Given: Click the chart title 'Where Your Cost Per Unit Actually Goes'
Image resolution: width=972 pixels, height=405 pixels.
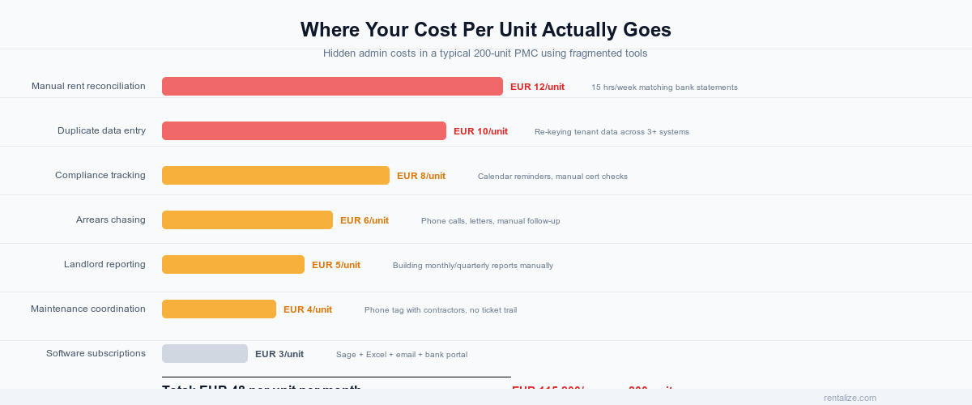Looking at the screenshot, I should [x=485, y=30].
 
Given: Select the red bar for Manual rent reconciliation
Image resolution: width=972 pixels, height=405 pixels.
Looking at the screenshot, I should [x=332, y=87].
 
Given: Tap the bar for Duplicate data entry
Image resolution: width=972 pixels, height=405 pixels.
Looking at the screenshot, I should [x=304, y=131].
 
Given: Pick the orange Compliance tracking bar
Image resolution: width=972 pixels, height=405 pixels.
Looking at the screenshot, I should [x=275, y=176].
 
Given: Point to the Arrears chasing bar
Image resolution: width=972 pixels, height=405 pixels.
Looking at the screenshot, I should [x=247, y=220].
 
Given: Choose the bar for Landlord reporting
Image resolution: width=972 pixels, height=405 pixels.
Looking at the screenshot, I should [x=233, y=265].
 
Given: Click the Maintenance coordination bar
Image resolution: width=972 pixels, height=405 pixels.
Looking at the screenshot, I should [x=219, y=309].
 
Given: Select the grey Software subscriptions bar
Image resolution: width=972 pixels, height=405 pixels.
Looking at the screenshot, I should [x=205, y=354].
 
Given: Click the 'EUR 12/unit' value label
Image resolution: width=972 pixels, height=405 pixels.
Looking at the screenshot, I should [x=537, y=87].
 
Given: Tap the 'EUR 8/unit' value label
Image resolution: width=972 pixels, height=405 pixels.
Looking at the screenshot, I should [x=421, y=176].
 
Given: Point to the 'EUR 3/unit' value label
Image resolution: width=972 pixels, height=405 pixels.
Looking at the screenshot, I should [x=279, y=354].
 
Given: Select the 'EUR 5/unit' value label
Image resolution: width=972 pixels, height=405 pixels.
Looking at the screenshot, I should [x=336, y=265].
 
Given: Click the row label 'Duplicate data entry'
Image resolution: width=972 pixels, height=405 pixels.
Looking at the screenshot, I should [x=101, y=130].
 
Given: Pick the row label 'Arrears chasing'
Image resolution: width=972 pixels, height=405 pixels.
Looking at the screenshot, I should [x=111, y=220].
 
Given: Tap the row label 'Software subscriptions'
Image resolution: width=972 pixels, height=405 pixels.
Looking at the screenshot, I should [x=96, y=353].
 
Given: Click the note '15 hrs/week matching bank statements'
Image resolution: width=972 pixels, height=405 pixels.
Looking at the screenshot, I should [x=664, y=87].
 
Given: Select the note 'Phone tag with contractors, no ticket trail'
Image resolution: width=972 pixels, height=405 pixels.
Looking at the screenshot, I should [x=441, y=310].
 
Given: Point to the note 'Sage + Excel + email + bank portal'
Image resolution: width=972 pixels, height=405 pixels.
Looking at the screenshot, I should [x=402, y=355].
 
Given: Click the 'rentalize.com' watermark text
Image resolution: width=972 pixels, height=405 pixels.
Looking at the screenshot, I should [x=850, y=398].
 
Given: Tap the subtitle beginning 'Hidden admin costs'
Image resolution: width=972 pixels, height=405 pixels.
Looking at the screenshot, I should [x=485, y=53].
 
